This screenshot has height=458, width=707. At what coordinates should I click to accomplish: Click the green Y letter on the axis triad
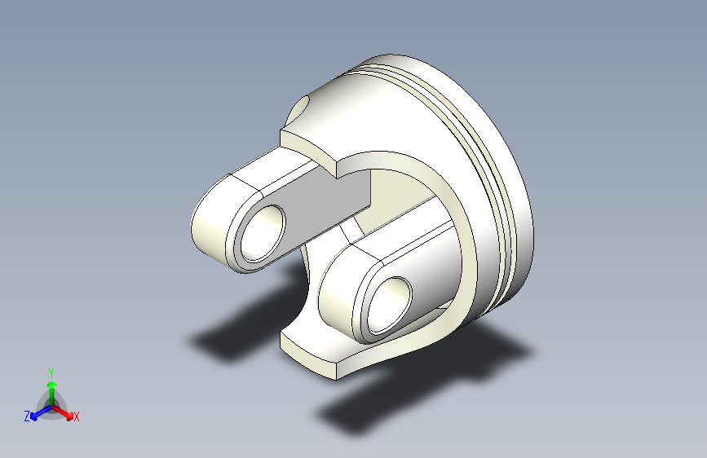[x=51, y=371]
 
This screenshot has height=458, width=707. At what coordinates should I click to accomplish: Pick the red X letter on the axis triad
[x=77, y=417]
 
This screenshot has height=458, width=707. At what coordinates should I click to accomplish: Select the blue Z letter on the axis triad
[x=27, y=416]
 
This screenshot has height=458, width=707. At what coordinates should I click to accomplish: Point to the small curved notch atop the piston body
[x=301, y=108]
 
